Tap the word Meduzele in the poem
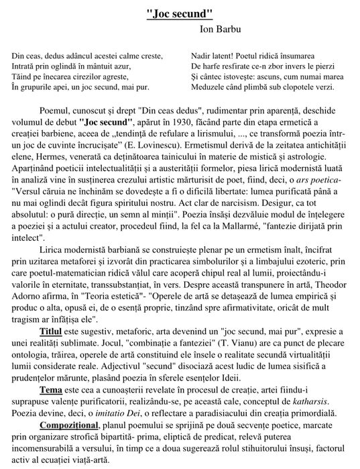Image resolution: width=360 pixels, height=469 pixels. tap(208, 87)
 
